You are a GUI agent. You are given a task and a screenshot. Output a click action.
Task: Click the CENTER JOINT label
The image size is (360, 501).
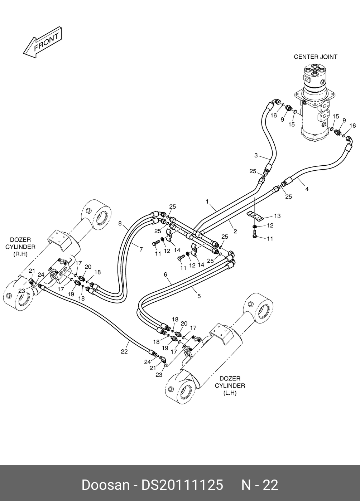pyautogui.click(x=315, y=57)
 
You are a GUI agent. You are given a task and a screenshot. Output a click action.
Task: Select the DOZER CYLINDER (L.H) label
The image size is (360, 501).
pyautogui.click(x=230, y=385)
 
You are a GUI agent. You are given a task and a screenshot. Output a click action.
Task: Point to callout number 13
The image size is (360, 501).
pyautogui.click(x=277, y=216)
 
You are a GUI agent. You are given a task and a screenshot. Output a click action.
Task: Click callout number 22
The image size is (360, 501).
pyautogui.click(x=124, y=351)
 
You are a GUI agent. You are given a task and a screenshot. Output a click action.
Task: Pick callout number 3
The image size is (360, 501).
pyautogui.click(x=256, y=155)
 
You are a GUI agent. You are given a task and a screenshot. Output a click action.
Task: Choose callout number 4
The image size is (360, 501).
pyautogui.click(x=307, y=189)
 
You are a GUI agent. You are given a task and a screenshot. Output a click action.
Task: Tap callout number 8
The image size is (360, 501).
pyautogui.click(x=120, y=223)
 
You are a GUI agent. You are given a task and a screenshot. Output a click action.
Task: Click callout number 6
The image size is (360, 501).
pyautogui.click(x=165, y=274)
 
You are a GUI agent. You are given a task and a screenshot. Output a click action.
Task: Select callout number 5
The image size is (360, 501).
pyautogui.click(x=199, y=296)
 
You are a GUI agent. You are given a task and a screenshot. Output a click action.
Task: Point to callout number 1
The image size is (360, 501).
pyautogui.click(x=207, y=201)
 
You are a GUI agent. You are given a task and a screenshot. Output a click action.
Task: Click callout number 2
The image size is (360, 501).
pyautogui.click(x=235, y=232)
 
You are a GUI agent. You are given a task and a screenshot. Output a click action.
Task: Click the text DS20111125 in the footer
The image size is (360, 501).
pyautogui.click(x=182, y=485)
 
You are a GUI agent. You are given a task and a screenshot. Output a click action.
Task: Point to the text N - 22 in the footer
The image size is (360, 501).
pyautogui.click(x=260, y=485)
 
